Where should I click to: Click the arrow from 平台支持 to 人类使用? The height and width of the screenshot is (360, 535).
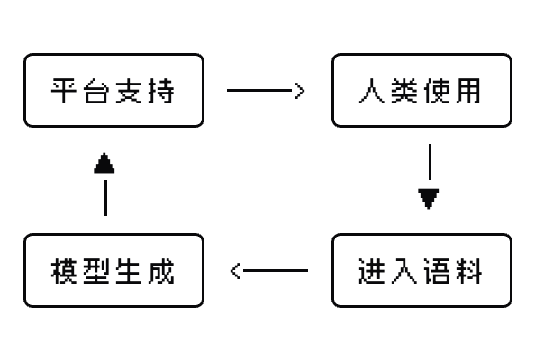[x=266, y=91]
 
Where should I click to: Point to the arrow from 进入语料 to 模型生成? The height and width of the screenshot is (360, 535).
[x=269, y=271]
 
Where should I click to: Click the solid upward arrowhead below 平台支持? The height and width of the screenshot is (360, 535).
[x=104, y=163]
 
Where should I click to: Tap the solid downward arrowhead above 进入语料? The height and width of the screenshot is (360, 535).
[x=429, y=198]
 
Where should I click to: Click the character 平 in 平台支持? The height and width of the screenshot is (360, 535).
[x=63, y=91]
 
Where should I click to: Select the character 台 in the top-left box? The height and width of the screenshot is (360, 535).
[x=96, y=91]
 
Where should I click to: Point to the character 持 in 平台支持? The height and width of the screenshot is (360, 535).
[x=162, y=91]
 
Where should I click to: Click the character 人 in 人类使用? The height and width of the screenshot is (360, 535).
[x=372, y=91]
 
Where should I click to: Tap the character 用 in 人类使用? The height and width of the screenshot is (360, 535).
[x=469, y=91]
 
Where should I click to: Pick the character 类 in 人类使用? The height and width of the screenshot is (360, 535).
[x=404, y=91]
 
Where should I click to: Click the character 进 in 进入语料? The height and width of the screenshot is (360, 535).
[x=372, y=271]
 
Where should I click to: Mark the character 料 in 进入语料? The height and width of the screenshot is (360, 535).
[x=469, y=271]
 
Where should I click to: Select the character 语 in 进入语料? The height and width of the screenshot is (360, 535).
[x=437, y=271]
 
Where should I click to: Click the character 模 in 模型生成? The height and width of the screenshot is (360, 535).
[x=64, y=271]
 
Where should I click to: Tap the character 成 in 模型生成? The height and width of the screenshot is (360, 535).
[x=162, y=271]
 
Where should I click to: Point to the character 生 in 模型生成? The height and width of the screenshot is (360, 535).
[x=129, y=271]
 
